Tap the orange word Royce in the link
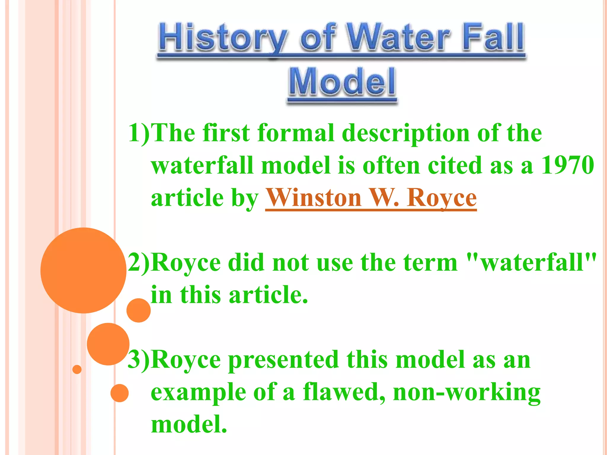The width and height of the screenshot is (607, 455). pyautogui.click(x=442, y=198)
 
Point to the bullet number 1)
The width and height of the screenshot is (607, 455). pyautogui.click(x=139, y=133)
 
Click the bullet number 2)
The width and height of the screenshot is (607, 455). pyautogui.click(x=139, y=262)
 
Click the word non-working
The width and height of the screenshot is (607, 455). pyautogui.click(x=467, y=392)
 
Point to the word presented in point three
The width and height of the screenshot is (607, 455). pyautogui.click(x=283, y=360)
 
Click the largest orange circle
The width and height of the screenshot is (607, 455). pyautogui.click(x=83, y=270)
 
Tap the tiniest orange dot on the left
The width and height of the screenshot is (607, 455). pyautogui.click(x=77, y=369)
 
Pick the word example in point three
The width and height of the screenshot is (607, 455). pyautogui.click(x=199, y=392)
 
